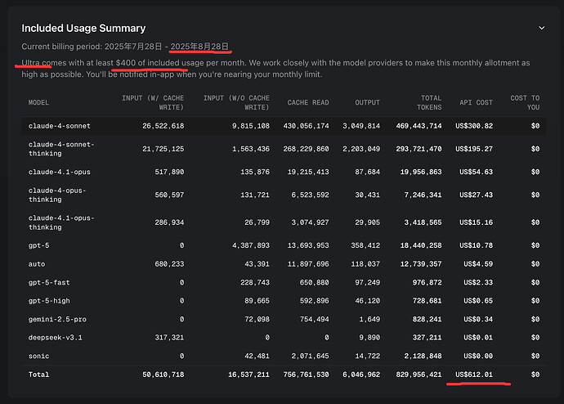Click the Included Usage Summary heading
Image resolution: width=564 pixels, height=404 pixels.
point(83,29)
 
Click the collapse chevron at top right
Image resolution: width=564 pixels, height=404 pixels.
point(540,28)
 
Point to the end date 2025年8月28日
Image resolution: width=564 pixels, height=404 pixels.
point(199,47)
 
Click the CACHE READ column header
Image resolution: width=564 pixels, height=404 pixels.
point(308,102)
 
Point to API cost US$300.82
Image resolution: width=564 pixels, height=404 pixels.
point(476,126)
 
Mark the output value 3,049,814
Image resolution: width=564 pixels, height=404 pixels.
point(360,126)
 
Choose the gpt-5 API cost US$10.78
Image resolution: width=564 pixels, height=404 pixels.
point(477,245)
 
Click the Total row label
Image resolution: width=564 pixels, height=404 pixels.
point(38,375)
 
